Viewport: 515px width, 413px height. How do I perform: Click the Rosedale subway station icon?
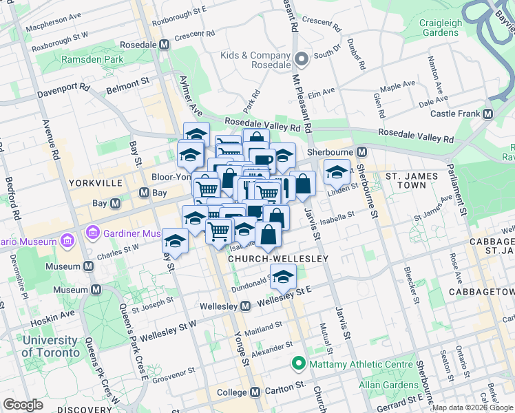pos(164,44)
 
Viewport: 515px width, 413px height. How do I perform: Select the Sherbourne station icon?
pos(361,151)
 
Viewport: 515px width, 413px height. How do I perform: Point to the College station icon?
pos(255,392)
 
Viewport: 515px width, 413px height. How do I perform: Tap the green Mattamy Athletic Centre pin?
pos(299,362)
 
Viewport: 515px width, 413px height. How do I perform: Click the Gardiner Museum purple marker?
pos(93,234)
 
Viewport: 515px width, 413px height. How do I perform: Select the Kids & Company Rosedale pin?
pos(300,60)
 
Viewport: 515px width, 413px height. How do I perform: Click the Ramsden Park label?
pos(92,60)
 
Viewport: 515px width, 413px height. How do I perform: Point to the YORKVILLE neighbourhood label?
pos(96,183)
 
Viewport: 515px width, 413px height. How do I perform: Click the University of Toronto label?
pos(50,346)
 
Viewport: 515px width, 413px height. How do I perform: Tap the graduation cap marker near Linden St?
pos(337,171)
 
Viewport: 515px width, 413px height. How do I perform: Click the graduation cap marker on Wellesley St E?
pos(282,277)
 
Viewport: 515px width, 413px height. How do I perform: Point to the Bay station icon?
pos(143,193)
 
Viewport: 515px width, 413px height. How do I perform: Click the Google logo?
pos(23,404)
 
